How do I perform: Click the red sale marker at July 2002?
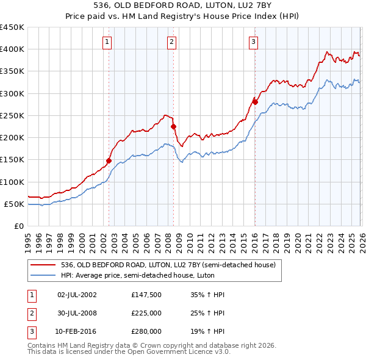pyautogui.click(x=109, y=160)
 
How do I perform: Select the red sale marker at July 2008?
pyautogui.click(x=174, y=126)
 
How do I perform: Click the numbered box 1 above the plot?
pyautogui.click(x=107, y=42)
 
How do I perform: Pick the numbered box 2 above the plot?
pyautogui.click(x=172, y=42)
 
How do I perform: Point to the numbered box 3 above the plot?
pyautogui.click(x=253, y=42)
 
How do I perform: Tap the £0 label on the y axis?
pyautogui.click(x=19, y=226)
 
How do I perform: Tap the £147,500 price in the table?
pyautogui.click(x=146, y=295)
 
